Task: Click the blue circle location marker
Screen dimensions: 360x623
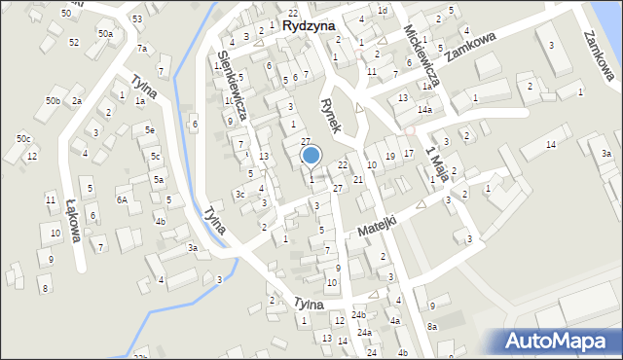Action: (x=311, y=155)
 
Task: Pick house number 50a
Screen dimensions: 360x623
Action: (x=104, y=34)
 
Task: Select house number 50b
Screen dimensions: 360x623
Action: (x=53, y=101)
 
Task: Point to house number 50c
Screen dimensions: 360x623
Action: (x=22, y=139)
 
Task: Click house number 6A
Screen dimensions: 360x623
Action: (x=122, y=199)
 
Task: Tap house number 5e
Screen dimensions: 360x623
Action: (x=149, y=130)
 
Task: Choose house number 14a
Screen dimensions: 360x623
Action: (x=425, y=110)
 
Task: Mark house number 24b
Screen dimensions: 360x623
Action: (x=359, y=315)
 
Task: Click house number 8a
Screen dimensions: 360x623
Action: (x=432, y=327)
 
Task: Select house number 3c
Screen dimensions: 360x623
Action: (x=239, y=194)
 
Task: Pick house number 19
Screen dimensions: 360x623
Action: (x=390, y=156)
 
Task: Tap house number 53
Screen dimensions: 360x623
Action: (x=137, y=19)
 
